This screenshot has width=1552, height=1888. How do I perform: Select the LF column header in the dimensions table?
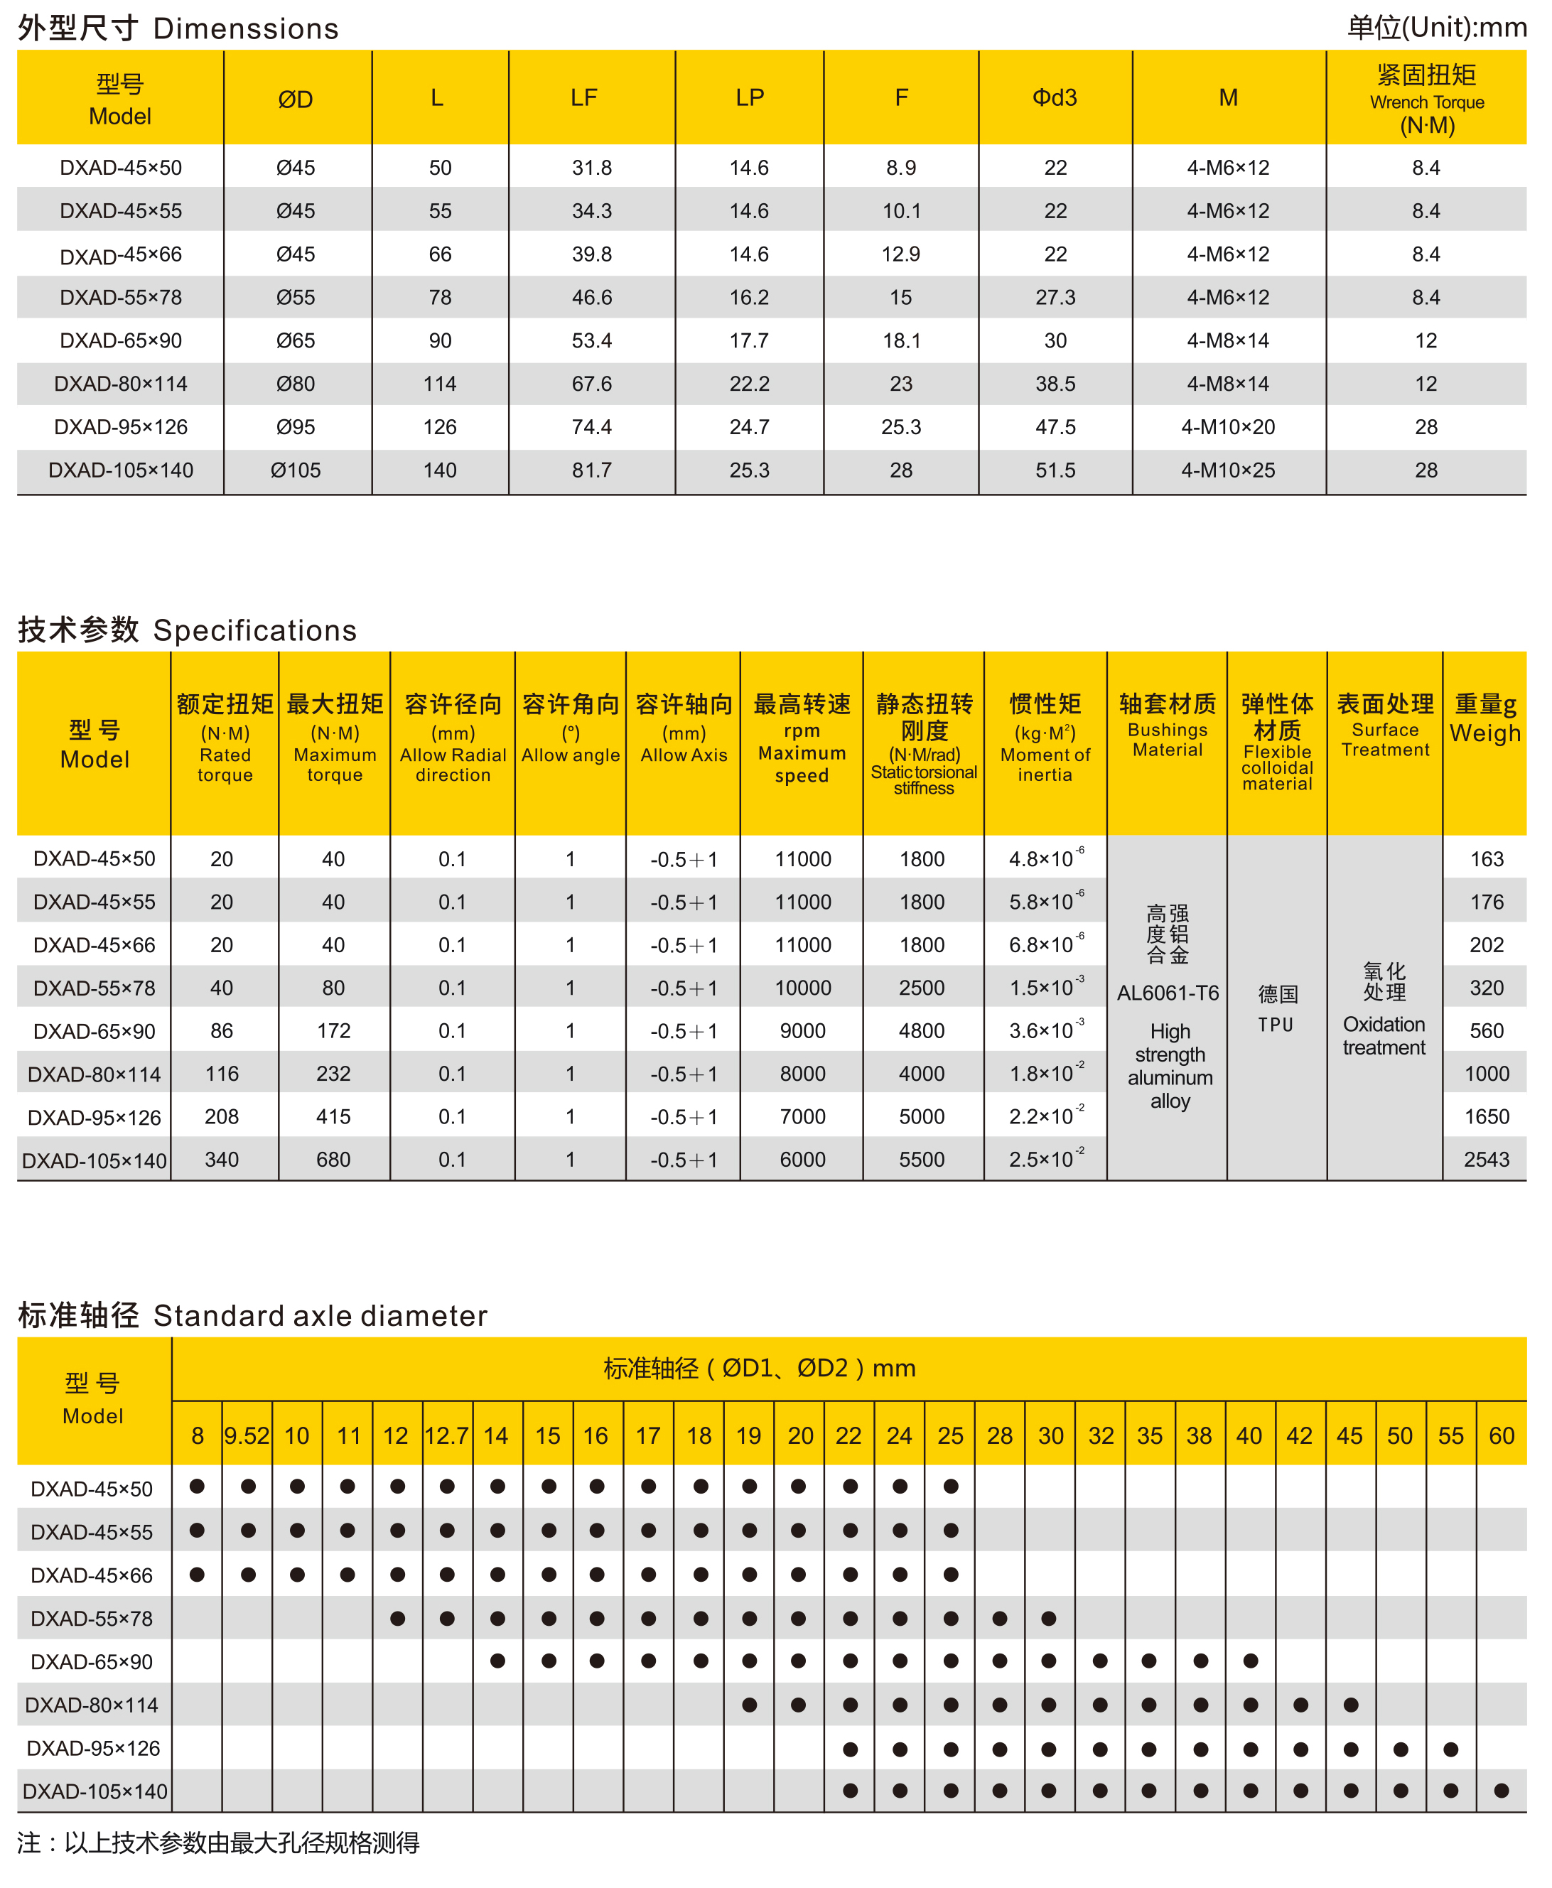pos(584,97)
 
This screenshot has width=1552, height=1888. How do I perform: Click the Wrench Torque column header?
pos(1426,99)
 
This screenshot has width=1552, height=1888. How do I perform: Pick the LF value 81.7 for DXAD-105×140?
pos(592,470)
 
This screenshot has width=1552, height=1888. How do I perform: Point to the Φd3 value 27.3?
pos(1055,298)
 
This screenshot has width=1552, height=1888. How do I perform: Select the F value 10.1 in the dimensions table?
pos(900,211)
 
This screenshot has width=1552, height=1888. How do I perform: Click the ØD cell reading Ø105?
pos(295,470)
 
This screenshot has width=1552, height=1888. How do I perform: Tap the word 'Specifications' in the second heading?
pos(255,630)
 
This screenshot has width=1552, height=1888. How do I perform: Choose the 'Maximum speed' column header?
pos(802,754)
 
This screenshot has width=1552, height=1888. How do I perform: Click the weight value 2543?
pos(1486,1160)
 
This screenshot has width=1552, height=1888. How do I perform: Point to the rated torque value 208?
pos(222,1116)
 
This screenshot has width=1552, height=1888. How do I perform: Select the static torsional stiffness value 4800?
pos(922,1031)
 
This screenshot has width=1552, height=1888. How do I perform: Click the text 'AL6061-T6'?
pos(1168,993)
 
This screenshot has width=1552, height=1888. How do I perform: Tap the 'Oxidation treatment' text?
pos(1384,1036)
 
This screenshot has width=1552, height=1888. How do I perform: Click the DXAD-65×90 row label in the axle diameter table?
pos(92,1662)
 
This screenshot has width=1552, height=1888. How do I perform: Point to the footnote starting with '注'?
pos(218,1843)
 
